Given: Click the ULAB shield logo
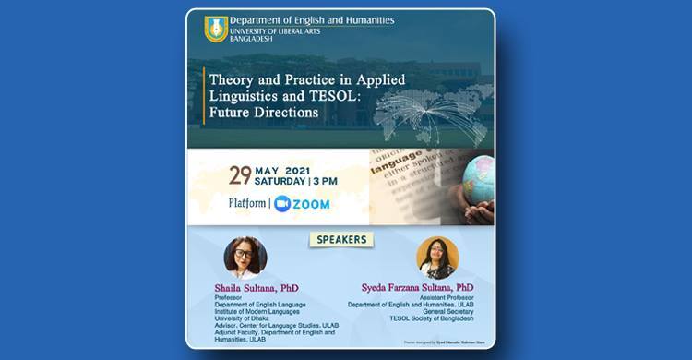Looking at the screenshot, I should point(216,29).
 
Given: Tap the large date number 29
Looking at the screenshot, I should point(240,175).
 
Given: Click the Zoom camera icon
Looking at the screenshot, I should point(282,204).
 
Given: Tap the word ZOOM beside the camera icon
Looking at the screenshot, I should point(312,204).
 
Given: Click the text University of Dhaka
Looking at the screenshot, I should point(238,318).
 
